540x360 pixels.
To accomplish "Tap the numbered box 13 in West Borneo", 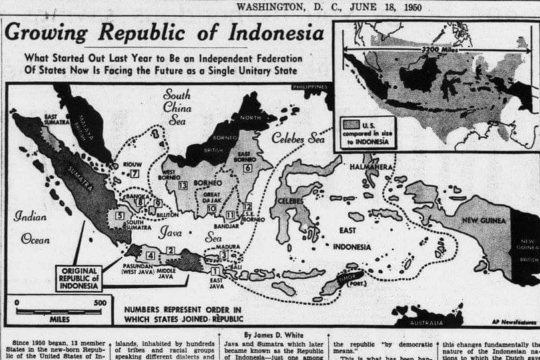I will click(x=182, y=185).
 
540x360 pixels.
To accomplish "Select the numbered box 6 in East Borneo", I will click(x=247, y=168).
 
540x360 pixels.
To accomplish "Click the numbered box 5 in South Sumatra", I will click(x=119, y=216).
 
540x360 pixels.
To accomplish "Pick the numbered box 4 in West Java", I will click(x=150, y=255).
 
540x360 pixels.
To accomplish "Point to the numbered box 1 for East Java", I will click(x=214, y=271).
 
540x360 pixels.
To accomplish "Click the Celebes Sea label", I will click(x=299, y=138).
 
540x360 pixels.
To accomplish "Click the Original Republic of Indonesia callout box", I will click(x=78, y=277).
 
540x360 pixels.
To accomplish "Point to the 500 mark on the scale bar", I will click(x=99, y=302).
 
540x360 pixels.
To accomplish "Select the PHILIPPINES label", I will click(x=310, y=87).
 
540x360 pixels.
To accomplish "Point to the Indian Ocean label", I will click(x=30, y=226).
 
